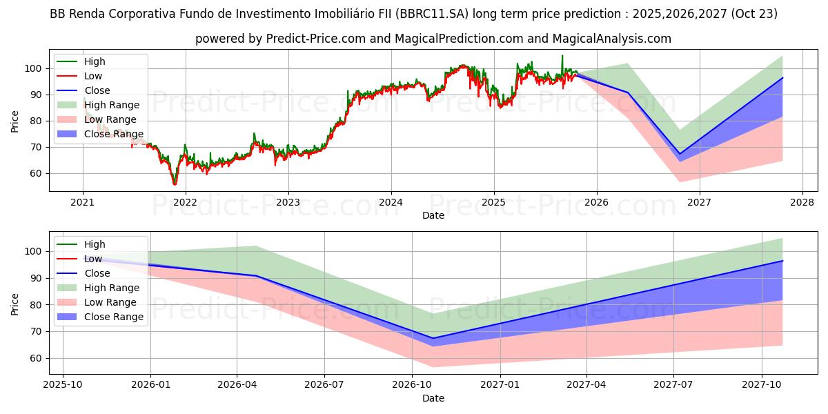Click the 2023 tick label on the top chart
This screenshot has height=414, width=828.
pos(288,202)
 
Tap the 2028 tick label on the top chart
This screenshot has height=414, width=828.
pos(802,202)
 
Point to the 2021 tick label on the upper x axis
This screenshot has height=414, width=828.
pos(83,202)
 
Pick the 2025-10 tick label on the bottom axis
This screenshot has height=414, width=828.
pos(63,385)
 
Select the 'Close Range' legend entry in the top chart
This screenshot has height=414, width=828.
pos(114,134)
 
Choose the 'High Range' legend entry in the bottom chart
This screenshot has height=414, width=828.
pos(112,288)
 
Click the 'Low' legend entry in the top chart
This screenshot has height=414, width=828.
pos(93,76)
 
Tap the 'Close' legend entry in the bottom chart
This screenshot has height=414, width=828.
pos(97,273)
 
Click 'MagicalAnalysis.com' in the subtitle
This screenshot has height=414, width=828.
pos(610,39)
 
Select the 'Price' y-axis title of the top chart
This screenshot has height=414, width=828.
pos(15,121)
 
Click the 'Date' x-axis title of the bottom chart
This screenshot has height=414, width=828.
pos(433,398)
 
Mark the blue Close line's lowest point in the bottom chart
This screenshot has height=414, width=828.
pos(433,338)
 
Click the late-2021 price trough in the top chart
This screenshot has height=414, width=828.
pos(175,184)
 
